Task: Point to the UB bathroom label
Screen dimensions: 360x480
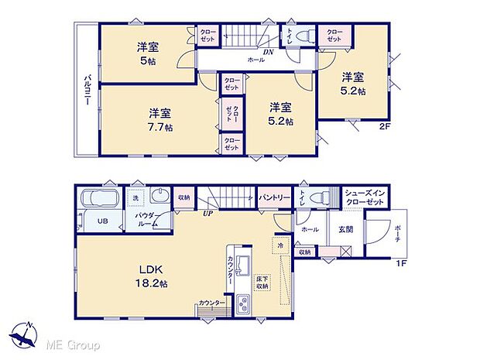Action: (x=101, y=221)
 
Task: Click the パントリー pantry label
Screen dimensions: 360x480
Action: (x=274, y=198)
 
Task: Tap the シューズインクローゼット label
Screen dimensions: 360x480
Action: (x=364, y=197)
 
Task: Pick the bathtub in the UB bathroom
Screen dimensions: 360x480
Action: (x=98, y=197)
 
